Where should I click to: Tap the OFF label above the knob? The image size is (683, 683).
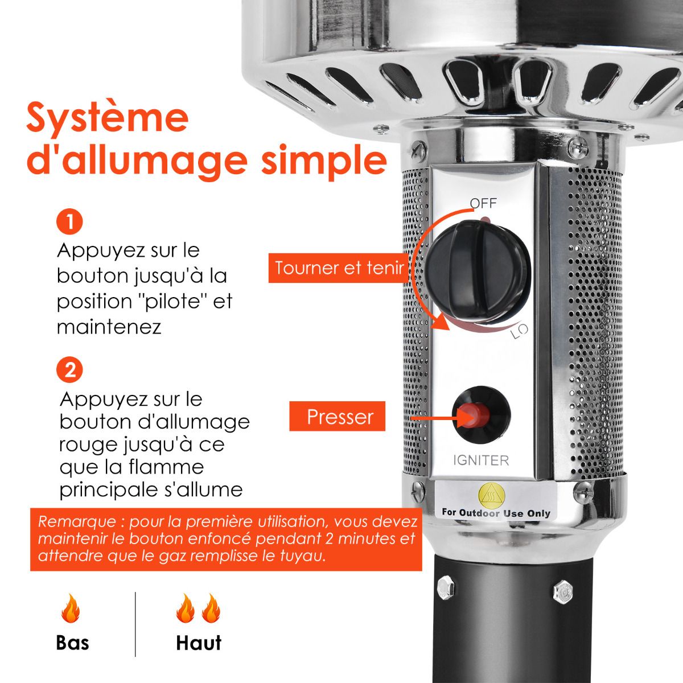[483, 203]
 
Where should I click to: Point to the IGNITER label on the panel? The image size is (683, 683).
[481, 460]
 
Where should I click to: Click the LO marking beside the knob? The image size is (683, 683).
[520, 331]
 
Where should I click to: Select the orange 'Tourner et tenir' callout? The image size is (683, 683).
[339, 268]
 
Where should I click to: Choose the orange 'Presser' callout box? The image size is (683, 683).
[337, 416]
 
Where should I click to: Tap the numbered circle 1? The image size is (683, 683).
[69, 222]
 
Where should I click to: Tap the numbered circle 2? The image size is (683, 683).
[69, 370]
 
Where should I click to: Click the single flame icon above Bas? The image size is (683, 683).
[71, 608]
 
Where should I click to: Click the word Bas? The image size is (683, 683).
[72, 643]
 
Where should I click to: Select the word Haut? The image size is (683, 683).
[199, 643]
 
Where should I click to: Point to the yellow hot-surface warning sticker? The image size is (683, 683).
[492, 495]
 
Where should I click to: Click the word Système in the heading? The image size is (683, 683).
[108, 117]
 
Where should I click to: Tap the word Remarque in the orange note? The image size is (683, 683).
[77, 522]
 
